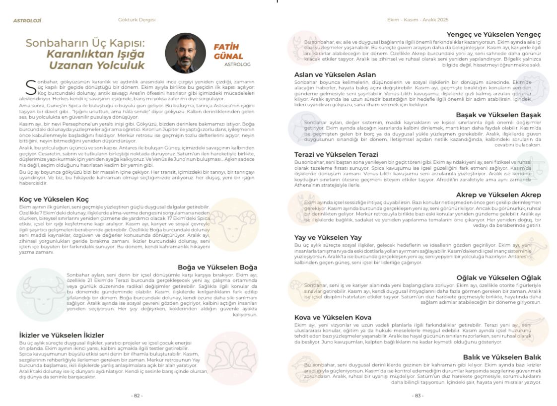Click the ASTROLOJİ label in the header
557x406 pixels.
(27, 20)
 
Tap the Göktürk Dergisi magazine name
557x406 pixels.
(137, 20)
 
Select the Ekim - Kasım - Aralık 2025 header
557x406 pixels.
(418, 20)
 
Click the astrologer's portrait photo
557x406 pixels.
(185, 53)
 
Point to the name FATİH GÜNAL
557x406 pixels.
(228, 52)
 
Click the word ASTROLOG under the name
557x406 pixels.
(237, 65)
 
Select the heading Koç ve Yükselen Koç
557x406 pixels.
(54, 199)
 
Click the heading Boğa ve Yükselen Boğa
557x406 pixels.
(217, 267)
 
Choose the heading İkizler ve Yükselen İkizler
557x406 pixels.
(62, 335)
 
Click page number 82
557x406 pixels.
(137, 396)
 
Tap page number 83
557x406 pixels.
(418, 396)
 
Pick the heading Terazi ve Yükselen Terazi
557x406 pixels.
(336, 154)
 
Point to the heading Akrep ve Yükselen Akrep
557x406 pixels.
(498, 195)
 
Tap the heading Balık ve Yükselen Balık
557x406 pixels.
(502, 357)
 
